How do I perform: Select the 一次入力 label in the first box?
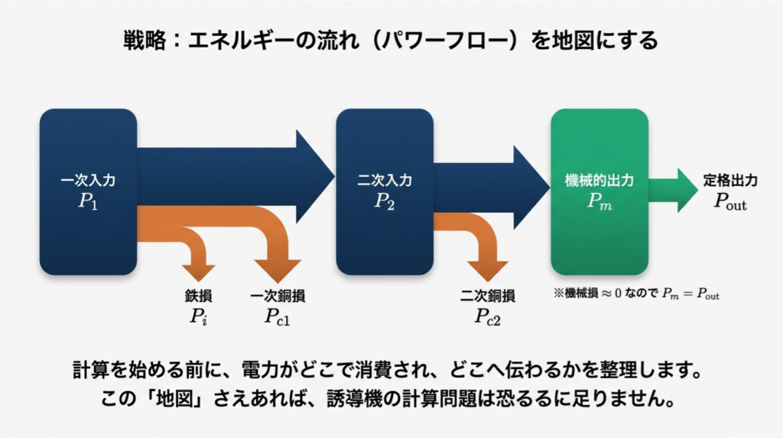[88, 181]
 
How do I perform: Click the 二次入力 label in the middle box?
[385, 181]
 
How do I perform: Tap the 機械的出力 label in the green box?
[599, 181]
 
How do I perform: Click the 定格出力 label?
[730, 181]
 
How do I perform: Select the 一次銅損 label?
[278, 296]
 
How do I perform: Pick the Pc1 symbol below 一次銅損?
[278, 315]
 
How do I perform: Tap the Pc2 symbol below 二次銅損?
[487, 315]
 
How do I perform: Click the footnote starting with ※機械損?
[637, 293]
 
